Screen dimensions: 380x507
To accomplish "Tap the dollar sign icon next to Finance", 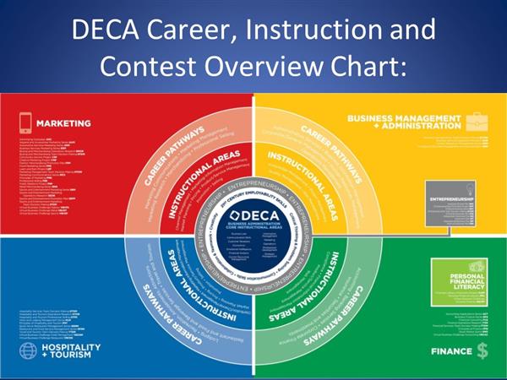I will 481,348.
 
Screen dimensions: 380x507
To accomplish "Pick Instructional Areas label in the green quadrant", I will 324,279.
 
